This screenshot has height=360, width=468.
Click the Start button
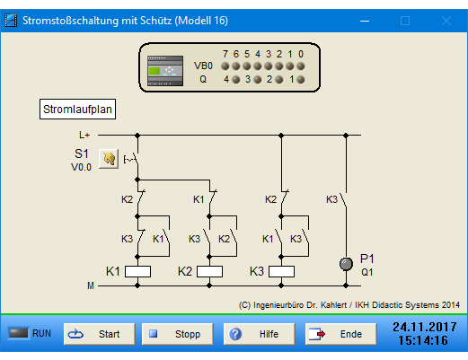(x=99, y=334)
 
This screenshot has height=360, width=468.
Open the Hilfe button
(x=259, y=334)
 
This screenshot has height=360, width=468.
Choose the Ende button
(x=340, y=334)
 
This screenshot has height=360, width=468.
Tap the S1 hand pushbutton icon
(x=109, y=159)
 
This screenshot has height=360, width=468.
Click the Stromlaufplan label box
(x=77, y=110)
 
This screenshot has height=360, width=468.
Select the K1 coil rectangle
(x=137, y=272)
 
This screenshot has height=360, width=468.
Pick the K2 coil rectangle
(x=209, y=272)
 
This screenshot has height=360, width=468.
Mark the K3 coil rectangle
(x=281, y=272)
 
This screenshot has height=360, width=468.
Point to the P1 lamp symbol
(x=346, y=264)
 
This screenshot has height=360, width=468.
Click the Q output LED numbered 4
(x=236, y=80)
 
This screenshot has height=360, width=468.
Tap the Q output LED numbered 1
(x=301, y=80)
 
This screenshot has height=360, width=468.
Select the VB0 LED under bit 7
(x=225, y=66)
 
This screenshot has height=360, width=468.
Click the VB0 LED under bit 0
(x=301, y=66)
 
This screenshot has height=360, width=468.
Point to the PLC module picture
(x=165, y=71)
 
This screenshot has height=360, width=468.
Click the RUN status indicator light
(x=19, y=333)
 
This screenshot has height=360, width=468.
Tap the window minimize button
(x=365, y=21)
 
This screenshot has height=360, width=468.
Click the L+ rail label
(x=84, y=136)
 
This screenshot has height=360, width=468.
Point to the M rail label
(x=91, y=286)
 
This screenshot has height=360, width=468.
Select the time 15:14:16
(x=423, y=340)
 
